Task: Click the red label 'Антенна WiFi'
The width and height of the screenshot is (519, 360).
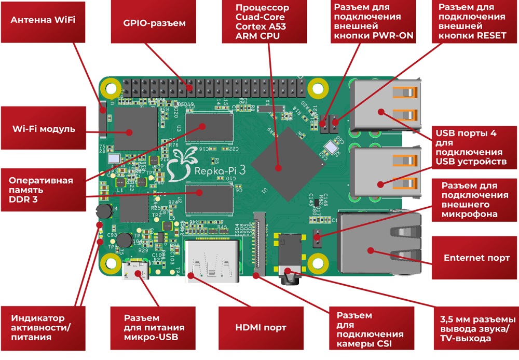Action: (x=43, y=21)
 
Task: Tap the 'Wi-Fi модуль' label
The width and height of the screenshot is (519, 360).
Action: (x=43, y=129)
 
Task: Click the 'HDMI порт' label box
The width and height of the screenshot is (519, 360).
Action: (x=261, y=327)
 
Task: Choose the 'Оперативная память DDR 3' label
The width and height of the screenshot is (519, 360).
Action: (x=43, y=190)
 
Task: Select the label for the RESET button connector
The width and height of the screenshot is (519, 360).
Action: (x=471, y=22)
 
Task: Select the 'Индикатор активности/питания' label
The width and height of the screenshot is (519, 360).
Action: (x=43, y=327)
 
